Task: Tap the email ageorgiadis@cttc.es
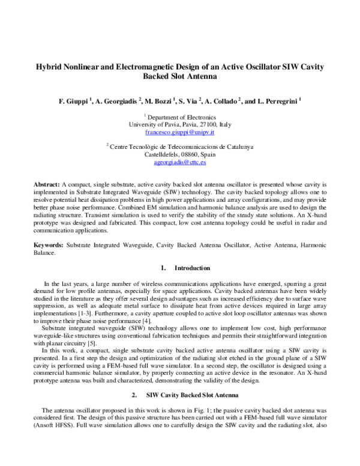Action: [x=180, y=162]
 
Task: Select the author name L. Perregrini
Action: [x=279, y=101]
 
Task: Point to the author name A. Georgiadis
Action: [x=117, y=101]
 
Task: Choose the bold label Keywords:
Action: [x=49, y=245]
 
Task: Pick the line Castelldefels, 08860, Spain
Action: [x=180, y=154]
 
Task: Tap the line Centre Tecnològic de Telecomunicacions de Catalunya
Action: [x=180, y=147]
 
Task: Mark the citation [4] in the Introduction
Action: [x=167, y=321]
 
